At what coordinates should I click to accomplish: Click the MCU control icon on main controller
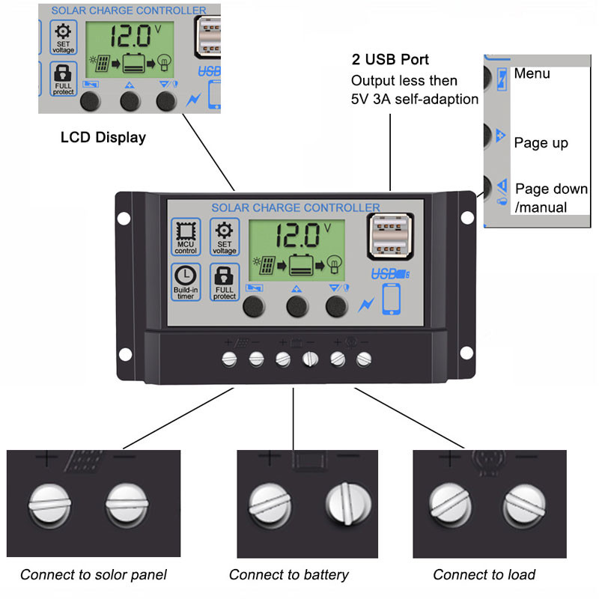[185, 232]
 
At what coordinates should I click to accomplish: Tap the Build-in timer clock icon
[185, 276]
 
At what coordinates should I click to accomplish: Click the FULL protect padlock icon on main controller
[225, 276]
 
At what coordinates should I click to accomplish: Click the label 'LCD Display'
[103, 138]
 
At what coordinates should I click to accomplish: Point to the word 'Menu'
[532, 73]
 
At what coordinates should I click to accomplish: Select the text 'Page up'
[541, 143]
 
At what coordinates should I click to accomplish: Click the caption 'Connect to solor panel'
[94, 575]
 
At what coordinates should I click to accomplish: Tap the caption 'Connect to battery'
[288, 575]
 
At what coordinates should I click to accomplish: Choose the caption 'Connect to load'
[484, 575]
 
